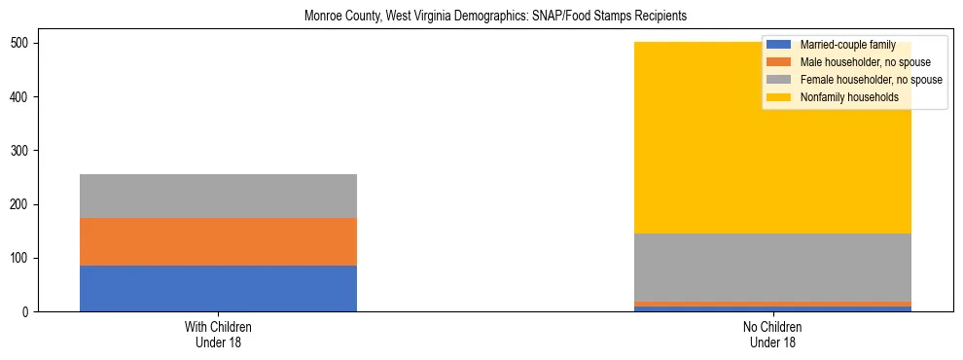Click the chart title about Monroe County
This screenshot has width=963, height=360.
coord(481,17)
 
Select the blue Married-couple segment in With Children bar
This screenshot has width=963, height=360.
coord(218,288)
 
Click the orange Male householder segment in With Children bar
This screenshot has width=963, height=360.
coord(218,241)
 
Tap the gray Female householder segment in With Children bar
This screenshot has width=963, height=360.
coord(218,196)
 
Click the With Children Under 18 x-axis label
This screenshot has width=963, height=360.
coord(218,334)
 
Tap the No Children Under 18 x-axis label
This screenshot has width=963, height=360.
coord(772,334)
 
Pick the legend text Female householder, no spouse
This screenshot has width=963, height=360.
coord(871,80)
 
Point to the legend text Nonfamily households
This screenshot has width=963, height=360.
coord(848,97)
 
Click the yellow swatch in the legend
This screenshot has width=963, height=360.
coord(779,97)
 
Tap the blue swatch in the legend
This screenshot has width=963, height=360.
coord(779,45)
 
